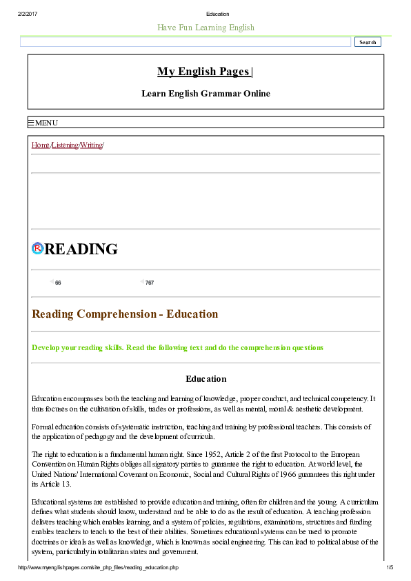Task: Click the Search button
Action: [368, 42]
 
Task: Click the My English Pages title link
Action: [205, 72]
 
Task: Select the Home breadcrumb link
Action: [41, 145]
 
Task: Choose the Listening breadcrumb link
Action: [65, 145]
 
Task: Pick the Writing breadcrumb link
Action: [91, 145]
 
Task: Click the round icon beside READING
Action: [38, 249]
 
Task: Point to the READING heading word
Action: [81, 249]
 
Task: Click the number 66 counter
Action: [58, 283]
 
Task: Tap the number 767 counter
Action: [150, 283]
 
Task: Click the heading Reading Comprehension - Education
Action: [125, 314]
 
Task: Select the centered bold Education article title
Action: [205, 378]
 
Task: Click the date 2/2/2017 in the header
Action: [28, 14]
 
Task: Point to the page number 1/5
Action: [389, 567]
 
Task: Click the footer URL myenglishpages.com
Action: [98, 567]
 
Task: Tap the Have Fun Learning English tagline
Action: [205, 28]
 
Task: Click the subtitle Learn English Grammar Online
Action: [205, 94]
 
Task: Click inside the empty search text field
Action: [186, 42]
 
